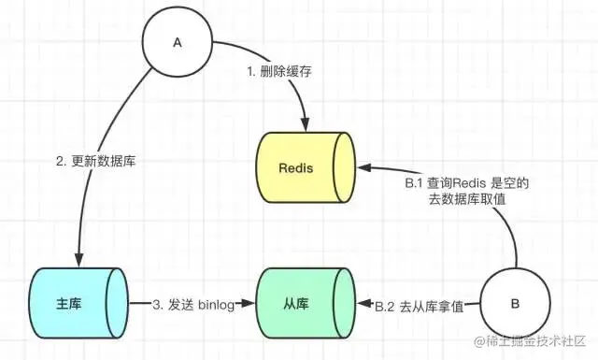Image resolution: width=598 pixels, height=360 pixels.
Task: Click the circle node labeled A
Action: coord(177,43)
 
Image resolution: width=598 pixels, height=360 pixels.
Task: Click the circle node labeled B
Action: coord(514,305)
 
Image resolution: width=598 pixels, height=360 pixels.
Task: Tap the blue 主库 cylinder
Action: coord(80,304)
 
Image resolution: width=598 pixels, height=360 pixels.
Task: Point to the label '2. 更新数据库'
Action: coord(96,162)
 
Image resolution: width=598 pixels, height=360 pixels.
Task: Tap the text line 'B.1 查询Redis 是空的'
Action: coord(467,184)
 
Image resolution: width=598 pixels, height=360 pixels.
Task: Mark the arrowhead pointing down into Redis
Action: coord(305,125)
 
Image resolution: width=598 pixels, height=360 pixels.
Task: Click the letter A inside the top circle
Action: coord(177,43)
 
